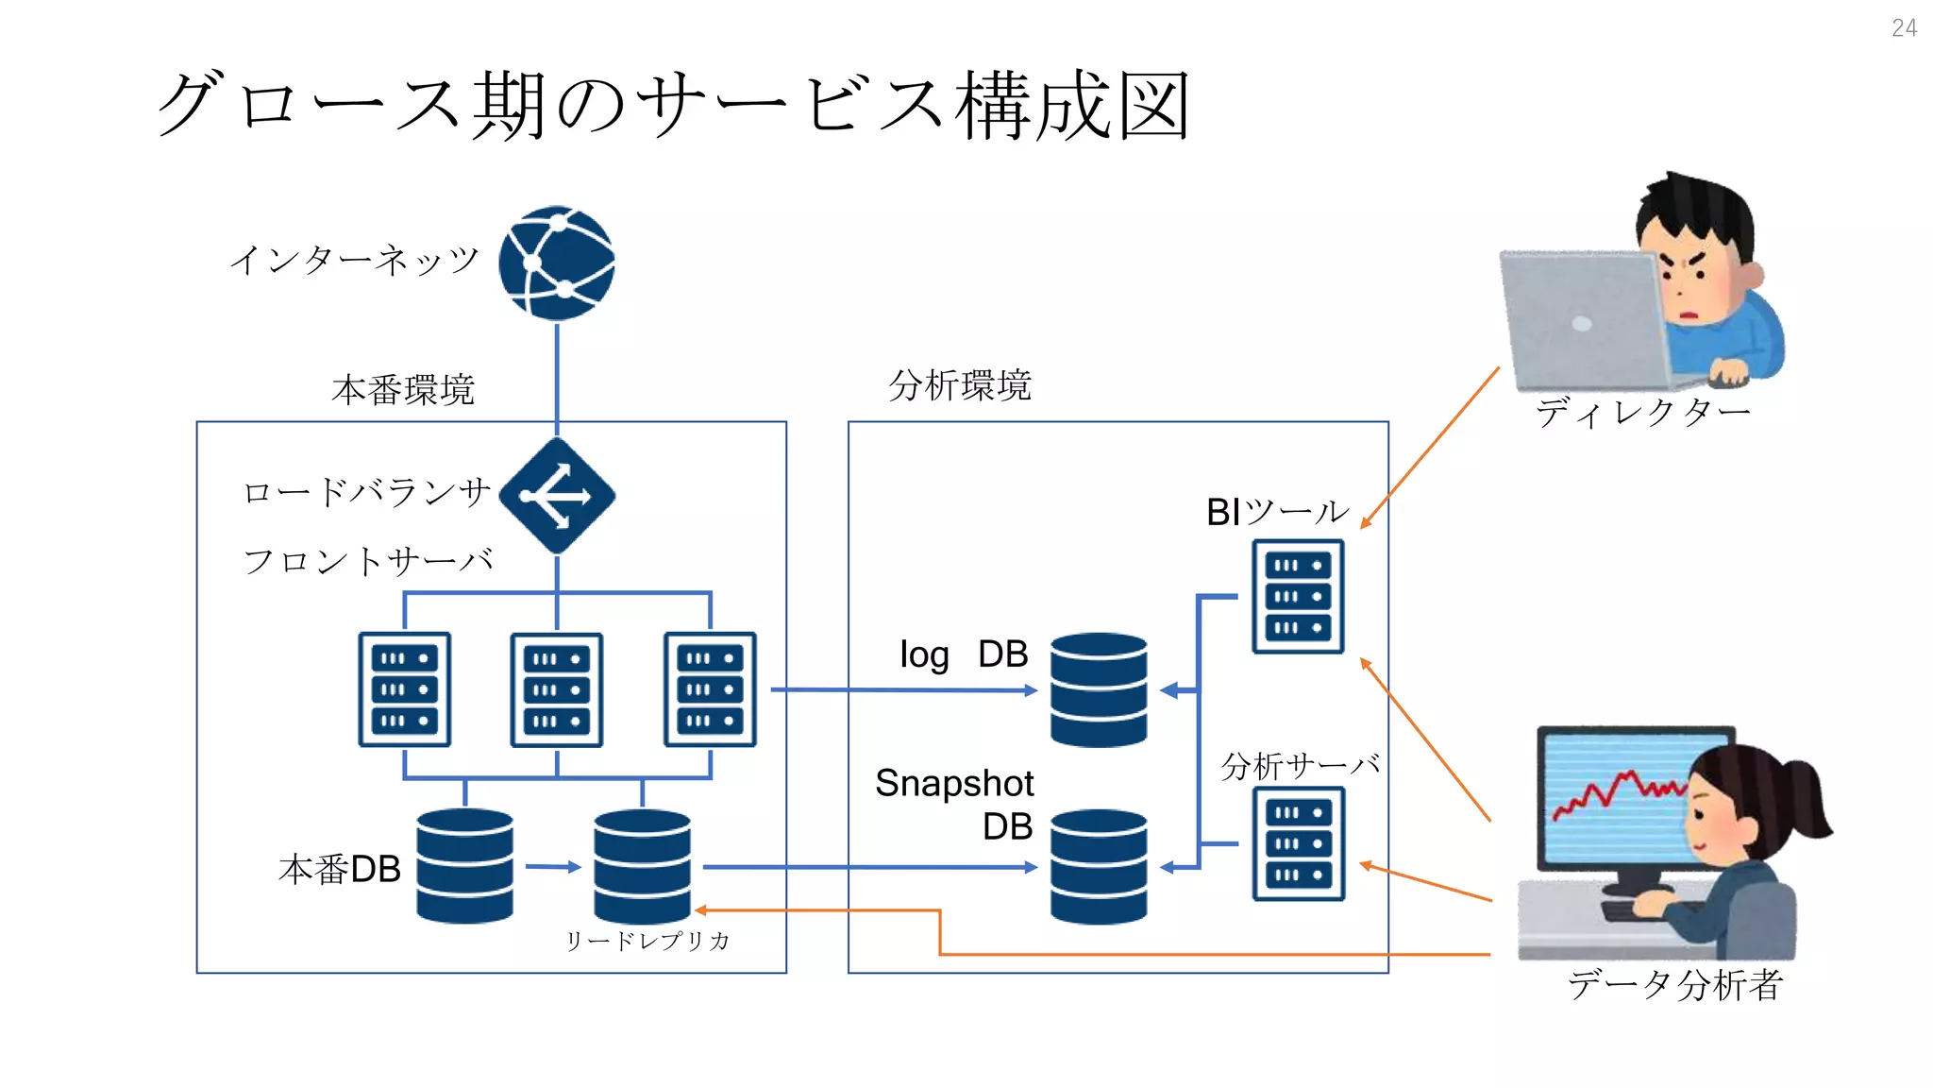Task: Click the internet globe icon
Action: pos(557,263)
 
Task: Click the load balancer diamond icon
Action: pos(557,496)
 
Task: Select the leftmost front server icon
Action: pos(405,689)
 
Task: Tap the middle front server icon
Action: pos(557,690)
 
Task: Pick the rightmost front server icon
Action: pos(710,689)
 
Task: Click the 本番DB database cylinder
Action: pos(464,865)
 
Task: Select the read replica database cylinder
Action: pos(642,865)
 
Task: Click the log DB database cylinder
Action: pos(1099,689)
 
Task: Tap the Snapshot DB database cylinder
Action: pos(1099,865)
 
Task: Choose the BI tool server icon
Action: pos(1298,596)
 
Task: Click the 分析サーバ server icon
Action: pos(1298,843)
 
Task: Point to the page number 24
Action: pos(1904,28)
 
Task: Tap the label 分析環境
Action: pos(960,385)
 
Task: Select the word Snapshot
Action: pos(954,784)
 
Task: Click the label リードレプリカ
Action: pos(647,941)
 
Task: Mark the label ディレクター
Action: pos(1642,413)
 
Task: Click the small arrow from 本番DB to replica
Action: pos(553,866)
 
